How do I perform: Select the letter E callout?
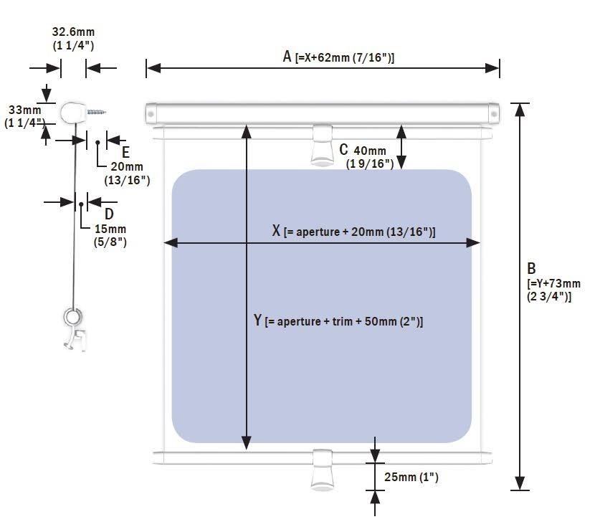pyautogui.click(x=125, y=152)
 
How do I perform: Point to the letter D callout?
pyautogui.click(x=109, y=214)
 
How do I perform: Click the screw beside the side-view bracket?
pyautogui.click(x=97, y=112)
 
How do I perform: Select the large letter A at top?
pyautogui.click(x=287, y=57)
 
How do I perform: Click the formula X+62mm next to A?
pyautogui.click(x=345, y=58)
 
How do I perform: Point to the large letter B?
pyautogui.click(x=531, y=268)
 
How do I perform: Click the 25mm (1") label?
pyautogui.click(x=411, y=477)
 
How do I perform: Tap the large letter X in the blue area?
pyautogui.click(x=276, y=230)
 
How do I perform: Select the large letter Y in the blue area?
pyautogui.click(x=257, y=320)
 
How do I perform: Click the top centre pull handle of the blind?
pyautogui.click(x=322, y=145)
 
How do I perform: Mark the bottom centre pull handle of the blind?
pyautogui.click(x=322, y=470)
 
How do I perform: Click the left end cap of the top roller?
pyautogui.click(x=151, y=114)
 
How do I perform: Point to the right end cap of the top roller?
pyautogui.click(x=494, y=114)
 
